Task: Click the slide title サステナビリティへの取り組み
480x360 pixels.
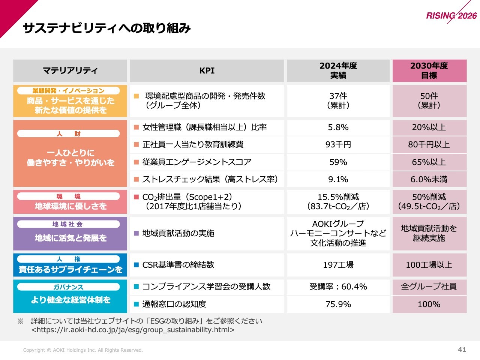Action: [107, 28]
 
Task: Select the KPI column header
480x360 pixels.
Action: [207, 70]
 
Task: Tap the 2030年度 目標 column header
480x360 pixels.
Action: [429, 70]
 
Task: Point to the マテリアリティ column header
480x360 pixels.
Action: [70, 70]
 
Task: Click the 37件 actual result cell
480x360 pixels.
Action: [338, 100]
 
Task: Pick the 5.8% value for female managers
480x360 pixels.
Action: [338, 127]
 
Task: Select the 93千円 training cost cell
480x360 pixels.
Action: [338, 145]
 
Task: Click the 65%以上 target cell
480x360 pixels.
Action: [429, 162]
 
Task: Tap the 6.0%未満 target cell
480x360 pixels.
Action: [429, 179]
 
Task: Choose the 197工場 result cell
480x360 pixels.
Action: [338, 265]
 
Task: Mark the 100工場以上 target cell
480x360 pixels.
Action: [429, 265]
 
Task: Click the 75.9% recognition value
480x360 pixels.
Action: [338, 304]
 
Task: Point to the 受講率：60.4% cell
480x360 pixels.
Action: [338, 287]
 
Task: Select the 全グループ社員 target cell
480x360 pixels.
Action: [429, 287]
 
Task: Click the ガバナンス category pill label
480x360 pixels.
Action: [68, 287]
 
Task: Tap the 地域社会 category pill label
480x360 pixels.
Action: [68, 224]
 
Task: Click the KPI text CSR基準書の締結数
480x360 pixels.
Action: [178, 265]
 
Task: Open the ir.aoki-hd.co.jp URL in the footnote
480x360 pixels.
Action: [133, 330]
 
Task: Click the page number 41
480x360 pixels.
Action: [462, 349]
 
